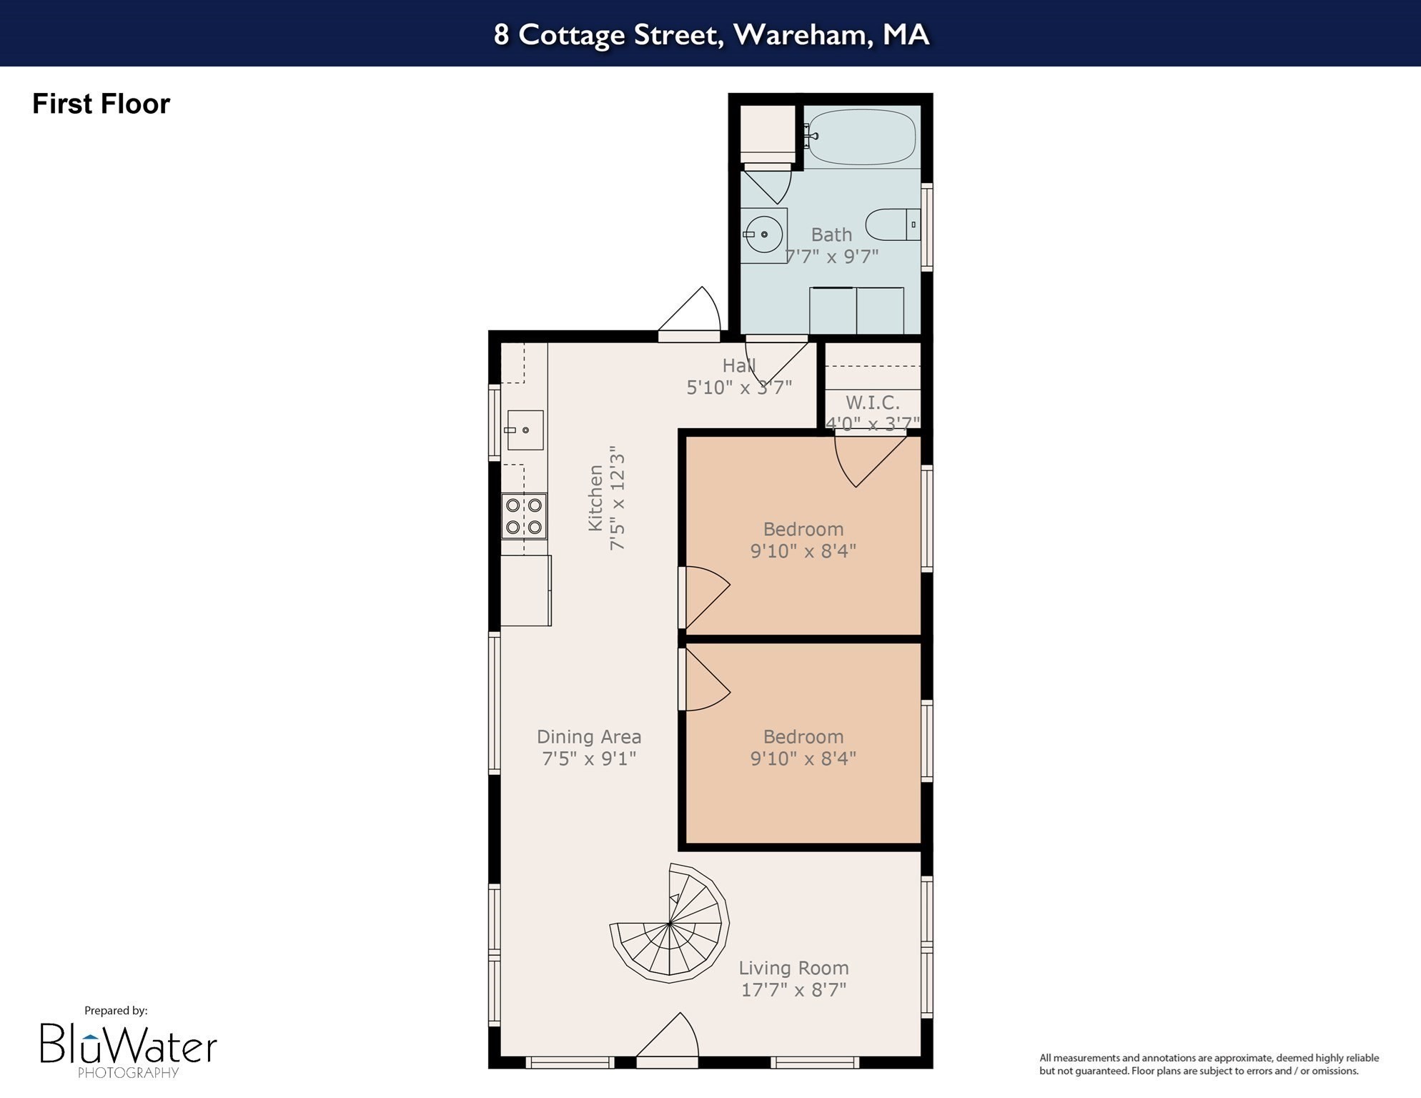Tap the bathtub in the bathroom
point(861,137)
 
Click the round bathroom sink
point(763,234)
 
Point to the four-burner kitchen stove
point(523,516)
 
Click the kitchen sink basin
point(525,430)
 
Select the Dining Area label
point(588,736)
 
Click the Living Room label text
point(793,968)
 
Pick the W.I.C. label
point(872,402)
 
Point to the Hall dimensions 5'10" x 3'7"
point(739,387)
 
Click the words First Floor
point(101,104)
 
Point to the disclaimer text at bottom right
point(1208,1064)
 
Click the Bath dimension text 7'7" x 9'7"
point(831,256)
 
